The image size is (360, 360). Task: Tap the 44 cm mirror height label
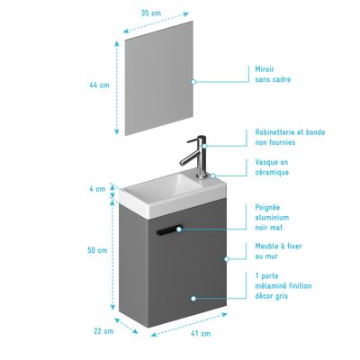(x=99, y=85)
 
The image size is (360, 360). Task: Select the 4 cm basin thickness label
(x=98, y=189)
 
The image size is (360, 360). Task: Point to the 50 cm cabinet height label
(x=98, y=250)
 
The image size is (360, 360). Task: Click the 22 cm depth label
(x=106, y=330)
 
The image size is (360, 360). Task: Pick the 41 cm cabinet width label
(x=201, y=334)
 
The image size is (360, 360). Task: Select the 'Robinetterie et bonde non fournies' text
(x=291, y=136)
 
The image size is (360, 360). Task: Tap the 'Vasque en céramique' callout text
(x=274, y=168)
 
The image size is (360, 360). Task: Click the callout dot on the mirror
(x=193, y=81)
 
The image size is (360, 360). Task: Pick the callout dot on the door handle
(x=179, y=229)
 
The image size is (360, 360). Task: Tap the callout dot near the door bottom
(x=192, y=297)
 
